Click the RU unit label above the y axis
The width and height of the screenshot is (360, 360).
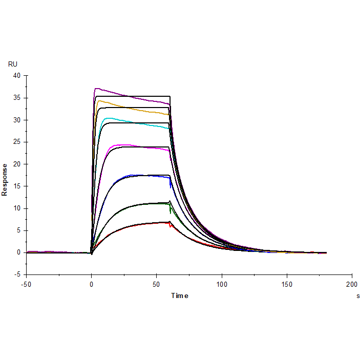click(x=13, y=64)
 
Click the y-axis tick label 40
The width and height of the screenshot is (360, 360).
click(x=17, y=76)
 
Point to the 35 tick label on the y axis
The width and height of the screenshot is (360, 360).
click(x=17, y=98)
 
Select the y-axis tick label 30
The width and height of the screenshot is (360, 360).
click(x=17, y=120)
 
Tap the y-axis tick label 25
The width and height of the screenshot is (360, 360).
click(x=17, y=142)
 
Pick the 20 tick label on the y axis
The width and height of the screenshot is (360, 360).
click(x=17, y=164)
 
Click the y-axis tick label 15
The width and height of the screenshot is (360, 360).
click(x=17, y=186)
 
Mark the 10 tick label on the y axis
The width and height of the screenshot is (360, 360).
click(x=17, y=208)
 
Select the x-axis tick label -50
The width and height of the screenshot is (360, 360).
click(x=26, y=284)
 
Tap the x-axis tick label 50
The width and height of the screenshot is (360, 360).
click(x=157, y=284)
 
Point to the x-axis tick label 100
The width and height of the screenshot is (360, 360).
click(x=222, y=284)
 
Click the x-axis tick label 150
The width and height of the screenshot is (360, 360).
click(x=287, y=284)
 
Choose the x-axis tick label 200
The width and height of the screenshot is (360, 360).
click(x=352, y=284)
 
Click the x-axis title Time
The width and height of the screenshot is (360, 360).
click(x=179, y=295)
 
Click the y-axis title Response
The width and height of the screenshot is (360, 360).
click(x=5, y=179)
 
